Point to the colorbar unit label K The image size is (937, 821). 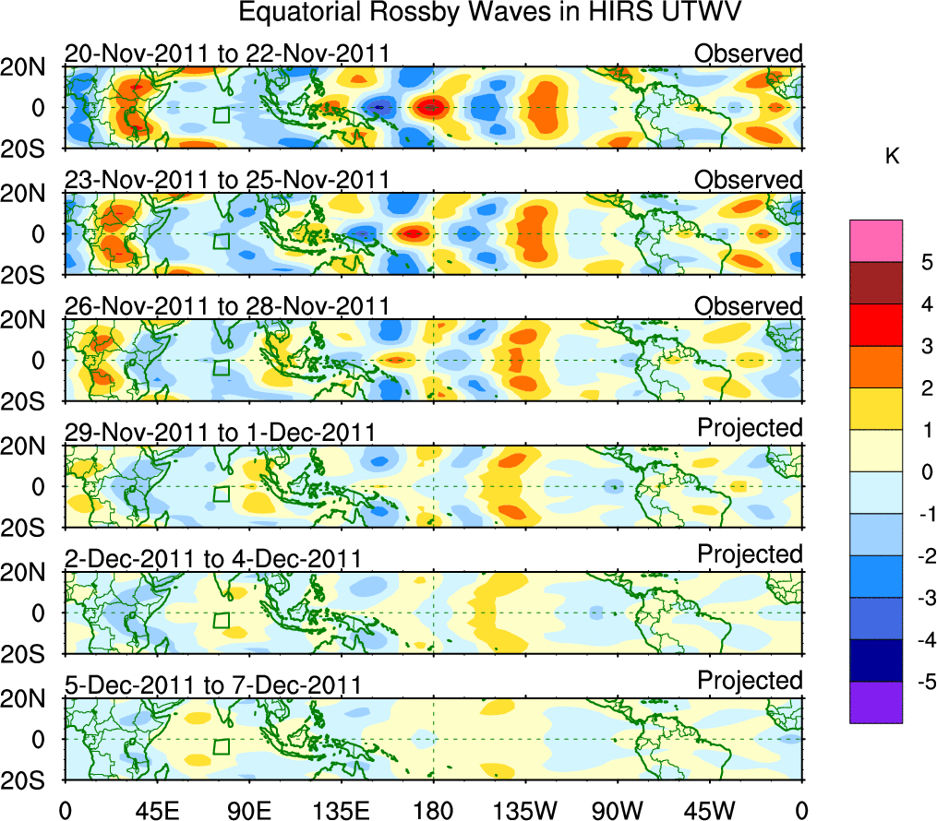(x=892, y=157)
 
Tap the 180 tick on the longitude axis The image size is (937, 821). (x=433, y=810)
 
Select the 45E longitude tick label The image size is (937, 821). (x=156, y=810)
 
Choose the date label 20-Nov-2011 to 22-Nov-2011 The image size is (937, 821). (x=227, y=54)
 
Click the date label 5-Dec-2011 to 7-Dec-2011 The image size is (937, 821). (x=212, y=686)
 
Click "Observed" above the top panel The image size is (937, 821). (x=748, y=54)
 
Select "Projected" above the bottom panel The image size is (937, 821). (x=750, y=681)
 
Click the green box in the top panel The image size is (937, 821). (x=221, y=114)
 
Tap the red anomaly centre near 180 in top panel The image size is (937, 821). (x=430, y=108)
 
